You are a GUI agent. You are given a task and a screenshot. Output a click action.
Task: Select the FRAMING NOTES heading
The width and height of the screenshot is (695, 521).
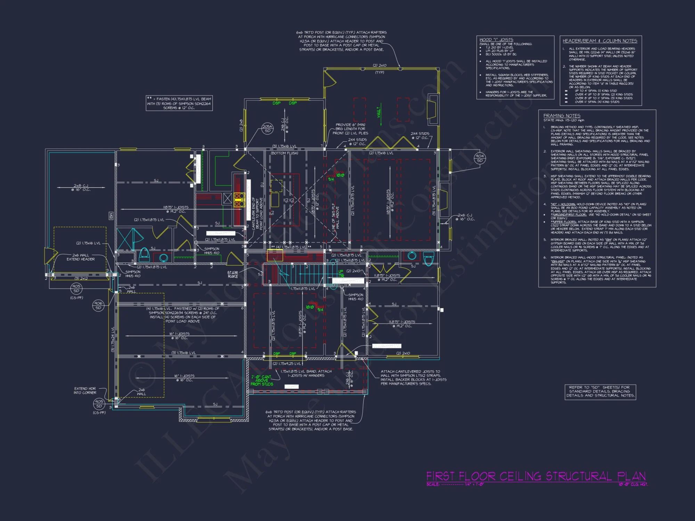point(562,116)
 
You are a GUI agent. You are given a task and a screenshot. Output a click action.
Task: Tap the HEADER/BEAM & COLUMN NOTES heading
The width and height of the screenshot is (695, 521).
point(600,41)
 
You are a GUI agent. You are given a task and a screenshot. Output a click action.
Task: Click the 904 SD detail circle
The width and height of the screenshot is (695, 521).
point(480,158)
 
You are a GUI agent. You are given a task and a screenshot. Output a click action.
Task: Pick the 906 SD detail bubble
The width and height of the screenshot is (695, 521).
point(98,305)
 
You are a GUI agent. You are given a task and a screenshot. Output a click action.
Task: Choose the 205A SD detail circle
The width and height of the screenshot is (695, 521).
point(267,129)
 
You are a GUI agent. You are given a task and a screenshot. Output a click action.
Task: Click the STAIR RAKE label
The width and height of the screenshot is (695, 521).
point(232,274)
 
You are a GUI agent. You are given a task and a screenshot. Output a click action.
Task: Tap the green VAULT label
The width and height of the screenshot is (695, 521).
point(379,112)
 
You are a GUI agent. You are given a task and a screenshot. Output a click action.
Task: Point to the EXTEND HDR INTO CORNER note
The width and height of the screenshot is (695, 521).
point(85,390)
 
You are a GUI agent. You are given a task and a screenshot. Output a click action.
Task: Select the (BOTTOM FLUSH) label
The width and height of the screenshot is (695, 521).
point(284,153)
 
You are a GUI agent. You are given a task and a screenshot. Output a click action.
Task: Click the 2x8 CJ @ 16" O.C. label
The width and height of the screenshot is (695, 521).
point(81,188)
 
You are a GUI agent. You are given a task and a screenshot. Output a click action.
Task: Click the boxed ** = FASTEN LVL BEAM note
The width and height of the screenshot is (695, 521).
point(179,103)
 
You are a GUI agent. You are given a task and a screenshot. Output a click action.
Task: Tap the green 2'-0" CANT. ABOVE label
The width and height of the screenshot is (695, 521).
point(262,380)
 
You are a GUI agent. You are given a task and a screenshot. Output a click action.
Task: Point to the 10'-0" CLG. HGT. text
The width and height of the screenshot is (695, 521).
point(633,484)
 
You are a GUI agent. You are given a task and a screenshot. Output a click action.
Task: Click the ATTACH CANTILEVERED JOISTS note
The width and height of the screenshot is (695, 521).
point(413,378)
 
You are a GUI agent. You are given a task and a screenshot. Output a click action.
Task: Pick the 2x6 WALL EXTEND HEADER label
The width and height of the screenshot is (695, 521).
point(81,257)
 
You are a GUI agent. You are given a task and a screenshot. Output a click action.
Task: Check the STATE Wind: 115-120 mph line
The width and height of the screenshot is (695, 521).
point(564,121)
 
